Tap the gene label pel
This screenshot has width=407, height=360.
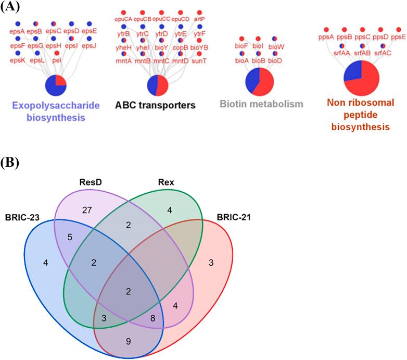56,60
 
